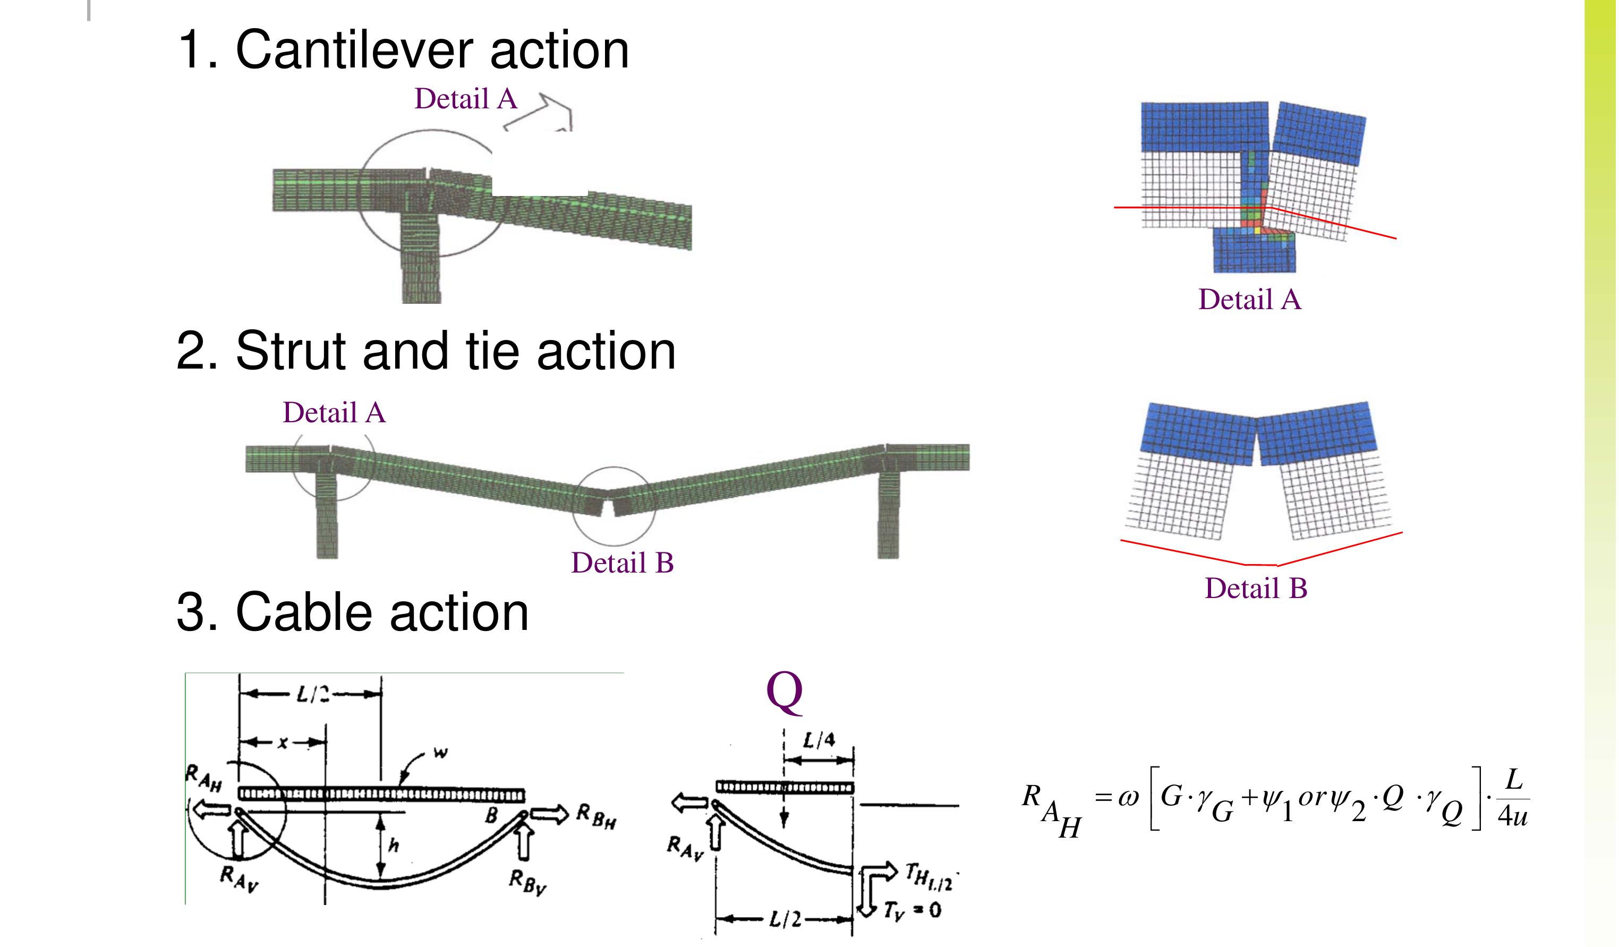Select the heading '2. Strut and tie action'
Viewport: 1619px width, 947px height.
pyautogui.click(x=426, y=352)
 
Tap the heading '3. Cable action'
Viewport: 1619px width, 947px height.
pyautogui.click(x=352, y=612)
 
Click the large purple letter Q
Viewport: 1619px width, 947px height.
pyautogui.click(x=785, y=692)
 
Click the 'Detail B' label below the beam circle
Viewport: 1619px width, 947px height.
pyautogui.click(x=623, y=564)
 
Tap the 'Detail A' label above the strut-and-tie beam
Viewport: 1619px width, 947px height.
pyautogui.click(x=334, y=413)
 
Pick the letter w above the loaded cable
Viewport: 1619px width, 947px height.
pyautogui.click(x=440, y=753)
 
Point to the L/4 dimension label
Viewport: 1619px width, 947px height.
pyautogui.click(x=819, y=741)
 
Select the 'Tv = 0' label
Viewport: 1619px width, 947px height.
pyautogui.click(x=913, y=910)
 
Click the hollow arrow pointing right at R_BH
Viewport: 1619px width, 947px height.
pyautogui.click(x=550, y=815)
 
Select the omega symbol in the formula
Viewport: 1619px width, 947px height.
pyautogui.click(x=1128, y=797)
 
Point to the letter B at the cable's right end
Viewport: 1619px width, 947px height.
pyautogui.click(x=491, y=815)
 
